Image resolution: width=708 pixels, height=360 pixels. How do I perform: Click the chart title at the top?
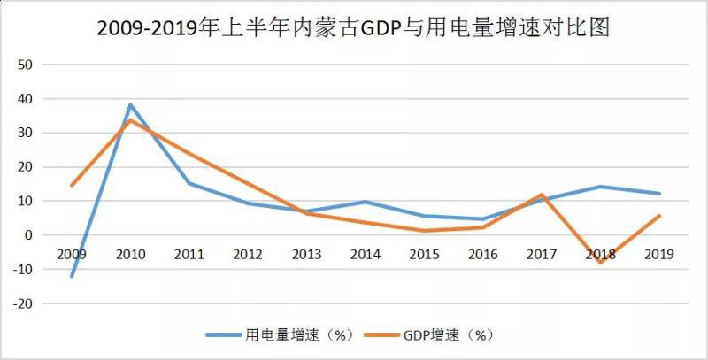(x=354, y=28)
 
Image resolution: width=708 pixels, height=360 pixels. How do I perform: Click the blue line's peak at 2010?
(x=130, y=104)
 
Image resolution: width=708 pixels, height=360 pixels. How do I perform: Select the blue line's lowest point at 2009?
(x=72, y=276)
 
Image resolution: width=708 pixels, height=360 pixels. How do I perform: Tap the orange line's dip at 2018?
(x=600, y=263)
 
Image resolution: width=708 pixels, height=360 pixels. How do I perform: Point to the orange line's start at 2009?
(x=72, y=185)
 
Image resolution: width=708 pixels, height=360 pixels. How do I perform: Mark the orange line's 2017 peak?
(x=541, y=195)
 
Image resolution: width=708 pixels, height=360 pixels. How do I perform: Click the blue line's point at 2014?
(x=365, y=202)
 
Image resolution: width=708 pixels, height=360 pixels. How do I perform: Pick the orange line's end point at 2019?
(x=658, y=216)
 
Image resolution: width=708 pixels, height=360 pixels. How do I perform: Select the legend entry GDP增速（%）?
(x=448, y=335)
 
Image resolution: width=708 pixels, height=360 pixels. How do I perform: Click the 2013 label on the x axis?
(x=306, y=254)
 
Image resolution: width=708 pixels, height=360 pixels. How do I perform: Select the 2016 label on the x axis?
(x=482, y=254)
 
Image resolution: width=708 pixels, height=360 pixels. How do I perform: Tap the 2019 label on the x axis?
(x=658, y=254)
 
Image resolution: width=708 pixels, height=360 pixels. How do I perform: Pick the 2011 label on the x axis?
(x=189, y=254)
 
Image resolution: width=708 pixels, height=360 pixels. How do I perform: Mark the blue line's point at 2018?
(x=600, y=187)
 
